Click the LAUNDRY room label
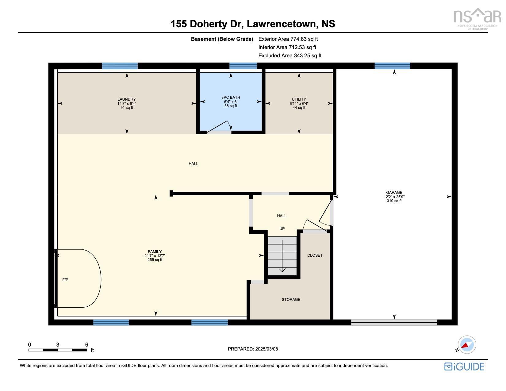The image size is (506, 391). (x=127, y=99)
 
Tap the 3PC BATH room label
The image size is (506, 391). (x=231, y=98)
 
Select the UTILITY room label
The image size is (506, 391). (x=299, y=99)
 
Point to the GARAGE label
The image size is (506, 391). (x=394, y=193)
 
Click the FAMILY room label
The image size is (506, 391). (x=155, y=252)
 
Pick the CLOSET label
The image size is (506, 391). (x=315, y=255)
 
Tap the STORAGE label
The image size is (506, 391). (x=291, y=300)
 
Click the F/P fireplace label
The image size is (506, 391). (x=65, y=280)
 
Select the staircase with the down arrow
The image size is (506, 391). (x=282, y=256)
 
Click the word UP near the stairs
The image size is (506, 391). (x=282, y=229)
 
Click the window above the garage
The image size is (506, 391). (x=392, y=66)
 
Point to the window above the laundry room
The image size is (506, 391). (x=120, y=66)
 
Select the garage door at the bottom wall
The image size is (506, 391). (x=394, y=322)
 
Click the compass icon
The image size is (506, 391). (x=466, y=345)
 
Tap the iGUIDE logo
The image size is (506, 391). (x=464, y=366)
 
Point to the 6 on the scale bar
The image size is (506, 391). (x=87, y=345)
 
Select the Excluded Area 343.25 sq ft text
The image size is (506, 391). (x=290, y=56)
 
